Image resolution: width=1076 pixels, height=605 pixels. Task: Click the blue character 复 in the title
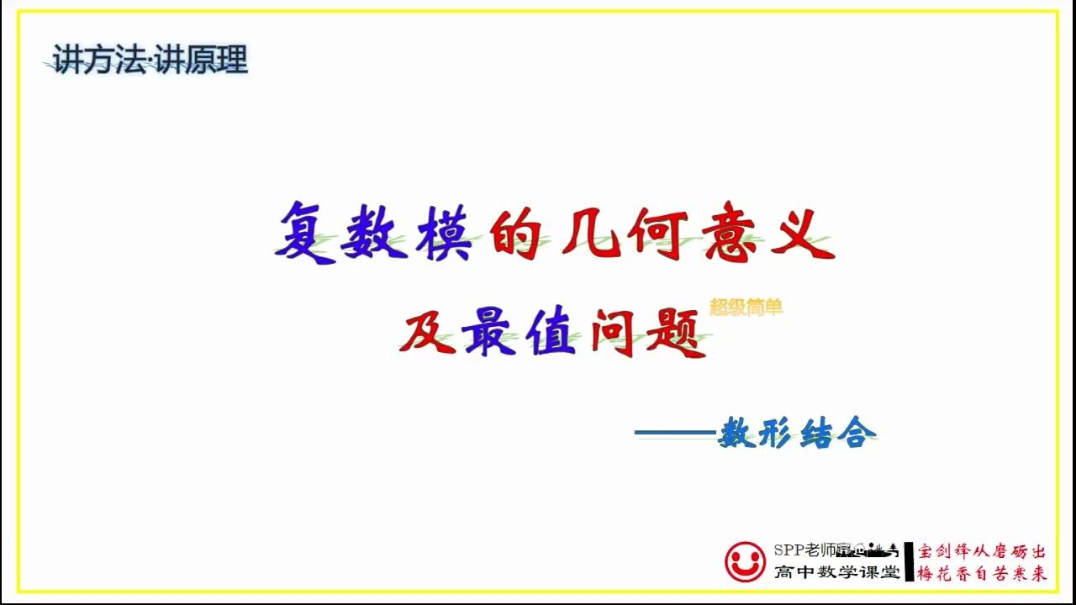pyautogui.click(x=304, y=233)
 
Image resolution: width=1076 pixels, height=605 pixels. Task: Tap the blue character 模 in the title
pyautogui.click(x=446, y=233)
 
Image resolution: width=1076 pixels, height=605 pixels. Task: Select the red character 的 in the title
pyautogui.click(x=514, y=233)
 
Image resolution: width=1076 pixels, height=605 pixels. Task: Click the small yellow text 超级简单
pyautogui.click(x=746, y=308)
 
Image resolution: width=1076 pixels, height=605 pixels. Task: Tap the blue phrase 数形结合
pyautogui.click(x=797, y=434)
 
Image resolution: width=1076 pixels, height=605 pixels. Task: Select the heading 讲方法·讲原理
pyautogui.click(x=150, y=61)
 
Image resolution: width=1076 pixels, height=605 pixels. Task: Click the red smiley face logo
pyautogui.click(x=745, y=561)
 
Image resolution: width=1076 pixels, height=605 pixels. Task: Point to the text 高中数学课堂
pyautogui.click(x=836, y=572)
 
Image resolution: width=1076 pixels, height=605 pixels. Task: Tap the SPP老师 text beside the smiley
pyautogui.click(x=805, y=550)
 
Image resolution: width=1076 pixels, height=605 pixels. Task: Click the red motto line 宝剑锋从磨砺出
pyautogui.click(x=982, y=552)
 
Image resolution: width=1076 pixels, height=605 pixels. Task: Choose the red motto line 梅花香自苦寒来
pyautogui.click(x=982, y=574)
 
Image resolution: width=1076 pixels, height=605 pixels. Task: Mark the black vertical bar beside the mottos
pyautogui.click(x=909, y=561)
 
